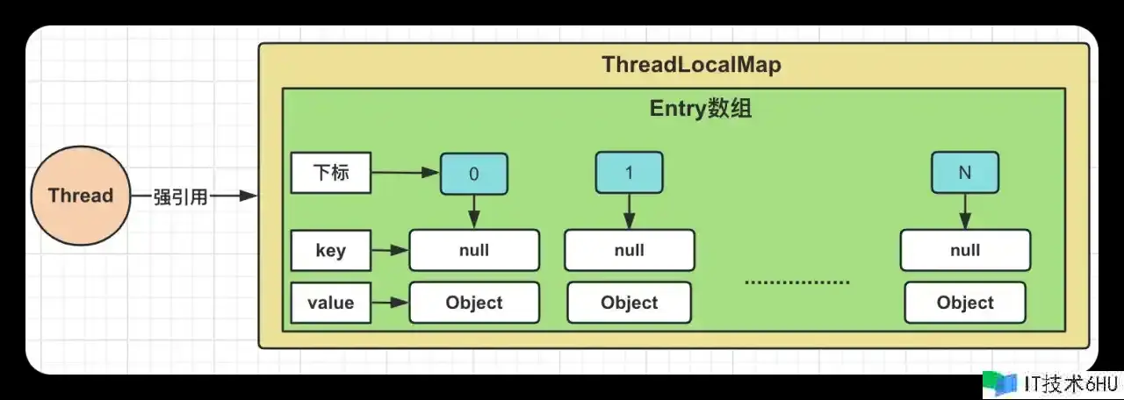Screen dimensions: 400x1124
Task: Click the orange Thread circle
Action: tap(81, 196)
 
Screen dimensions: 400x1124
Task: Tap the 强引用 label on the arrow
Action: tap(181, 196)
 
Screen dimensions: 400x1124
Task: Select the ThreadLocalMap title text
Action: tap(691, 66)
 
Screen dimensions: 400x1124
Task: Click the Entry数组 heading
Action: tap(700, 109)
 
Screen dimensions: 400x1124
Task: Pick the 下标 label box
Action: tap(330, 174)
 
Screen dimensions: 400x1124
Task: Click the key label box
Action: tap(330, 251)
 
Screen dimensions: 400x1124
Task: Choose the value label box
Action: tap(330, 303)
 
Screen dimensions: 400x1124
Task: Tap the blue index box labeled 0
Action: tap(474, 174)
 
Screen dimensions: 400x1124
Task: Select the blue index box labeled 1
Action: tap(629, 173)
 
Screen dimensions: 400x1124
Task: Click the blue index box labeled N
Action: tap(964, 173)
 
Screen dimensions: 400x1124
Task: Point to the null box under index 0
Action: tap(474, 250)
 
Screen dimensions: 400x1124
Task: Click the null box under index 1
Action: tap(629, 250)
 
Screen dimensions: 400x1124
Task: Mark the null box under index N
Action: tap(964, 250)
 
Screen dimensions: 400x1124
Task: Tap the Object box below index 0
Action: tap(474, 303)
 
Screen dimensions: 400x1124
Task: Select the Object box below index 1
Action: tap(629, 303)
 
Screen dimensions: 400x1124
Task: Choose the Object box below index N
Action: tap(964, 303)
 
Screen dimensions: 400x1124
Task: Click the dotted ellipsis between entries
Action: tap(797, 282)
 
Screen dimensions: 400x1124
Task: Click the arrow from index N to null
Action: tap(964, 211)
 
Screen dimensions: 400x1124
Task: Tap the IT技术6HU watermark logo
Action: tap(1049, 383)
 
